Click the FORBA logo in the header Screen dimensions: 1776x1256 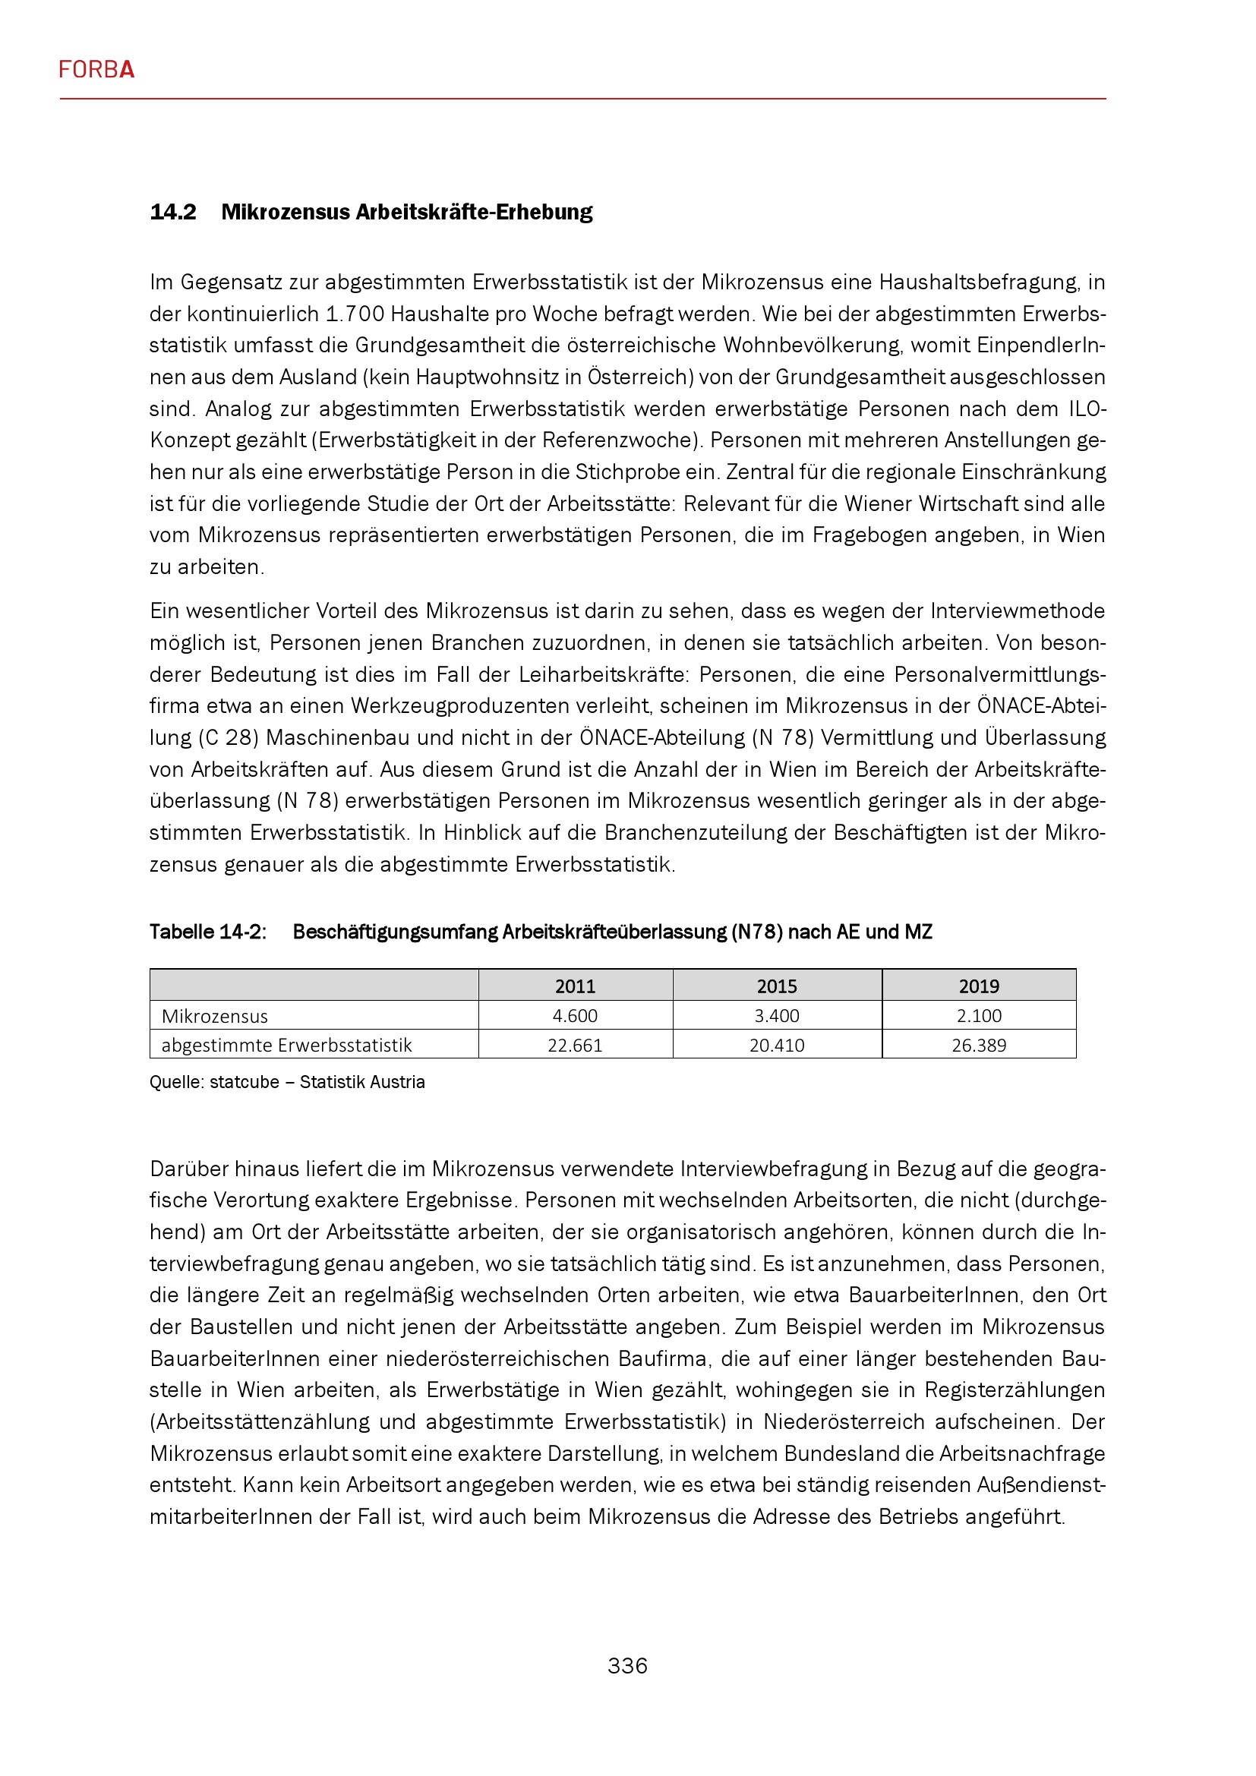(x=96, y=71)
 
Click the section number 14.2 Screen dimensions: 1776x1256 (x=173, y=212)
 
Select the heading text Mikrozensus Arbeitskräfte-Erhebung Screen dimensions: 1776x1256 (x=407, y=212)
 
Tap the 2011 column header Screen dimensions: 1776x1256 (x=576, y=986)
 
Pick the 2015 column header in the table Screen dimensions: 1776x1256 (x=778, y=986)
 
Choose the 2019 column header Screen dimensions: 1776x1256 (x=979, y=986)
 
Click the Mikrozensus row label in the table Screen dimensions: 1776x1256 (x=215, y=1017)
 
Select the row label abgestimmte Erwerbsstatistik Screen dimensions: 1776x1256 (x=287, y=1046)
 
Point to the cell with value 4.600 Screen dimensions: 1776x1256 (x=576, y=1017)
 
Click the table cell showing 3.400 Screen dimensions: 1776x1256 (x=778, y=1017)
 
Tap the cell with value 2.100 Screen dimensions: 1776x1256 (x=979, y=1017)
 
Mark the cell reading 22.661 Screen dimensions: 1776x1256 (x=576, y=1046)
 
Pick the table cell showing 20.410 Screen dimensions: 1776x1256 (x=778, y=1046)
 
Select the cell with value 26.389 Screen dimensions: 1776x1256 (x=979, y=1046)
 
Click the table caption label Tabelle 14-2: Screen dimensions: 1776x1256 (x=208, y=932)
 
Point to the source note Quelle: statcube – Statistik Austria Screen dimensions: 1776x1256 (x=287, y=1082)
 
